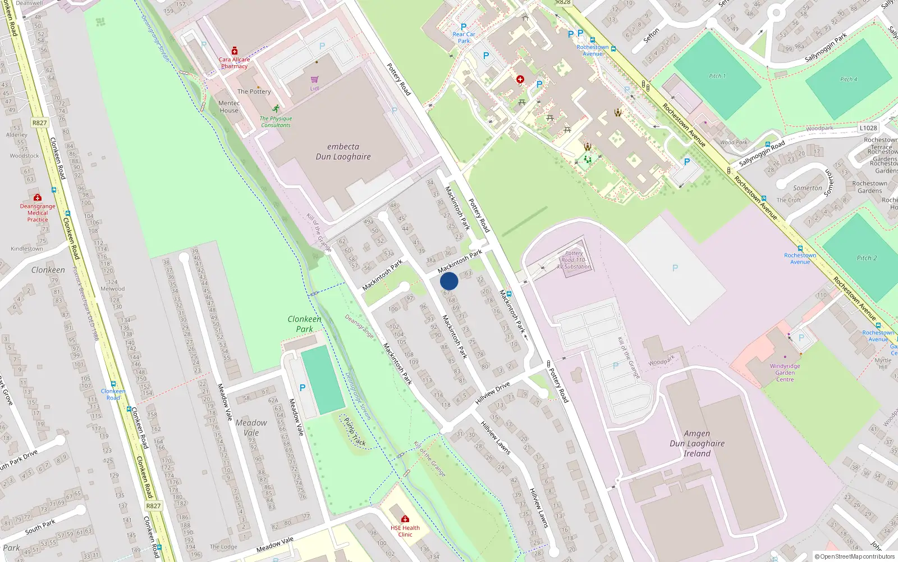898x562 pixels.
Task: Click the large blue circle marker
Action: [x=449, y=281]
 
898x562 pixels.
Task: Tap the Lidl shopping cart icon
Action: [x=314, y=80]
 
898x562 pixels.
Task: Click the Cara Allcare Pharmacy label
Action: [x=234, y=63]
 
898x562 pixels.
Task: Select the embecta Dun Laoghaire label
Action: [x=343, y=152]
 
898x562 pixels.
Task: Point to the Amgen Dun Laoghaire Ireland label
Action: [x=697, y=443]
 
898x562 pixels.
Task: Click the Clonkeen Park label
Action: [x=304, y=324]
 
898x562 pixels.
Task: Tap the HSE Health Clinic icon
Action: [x=405, y=519]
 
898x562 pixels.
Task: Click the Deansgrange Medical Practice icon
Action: [x=38, y=198]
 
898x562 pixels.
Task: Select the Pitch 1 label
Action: [x=717, y=76]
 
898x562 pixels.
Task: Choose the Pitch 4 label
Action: [x=849, y=80]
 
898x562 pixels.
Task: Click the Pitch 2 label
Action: [x=867, y=258]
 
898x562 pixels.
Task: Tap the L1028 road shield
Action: [x=868, y=128]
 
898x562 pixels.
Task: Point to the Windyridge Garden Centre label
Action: [x=785, y=373]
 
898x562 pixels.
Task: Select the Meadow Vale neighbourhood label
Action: [x=251, y=428]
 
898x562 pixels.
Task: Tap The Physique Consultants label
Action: [x=276, y=122]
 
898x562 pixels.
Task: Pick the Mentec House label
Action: [x=229, y=107]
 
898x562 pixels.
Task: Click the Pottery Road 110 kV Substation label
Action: [x=574, y=260]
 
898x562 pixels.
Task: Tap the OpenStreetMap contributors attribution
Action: [x=855, y=557]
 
